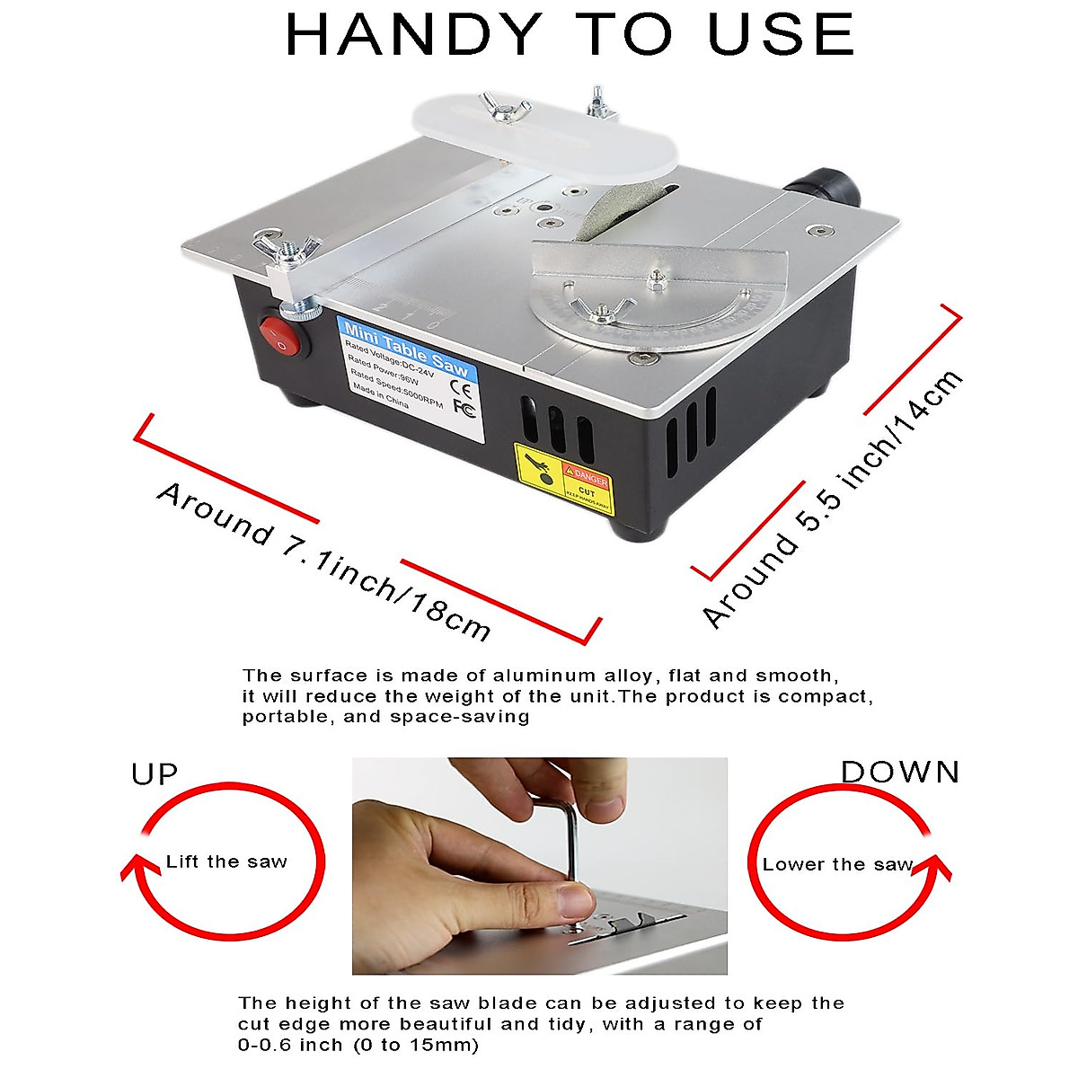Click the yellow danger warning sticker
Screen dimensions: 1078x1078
click(x=561, y=473)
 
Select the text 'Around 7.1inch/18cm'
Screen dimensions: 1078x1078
click(x=323, y=561)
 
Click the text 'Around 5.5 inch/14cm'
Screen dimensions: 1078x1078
click(x=831, y=499)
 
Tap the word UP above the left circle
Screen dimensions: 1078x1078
click(x=155, y=774)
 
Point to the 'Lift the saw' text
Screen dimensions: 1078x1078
click(x=226, y=862)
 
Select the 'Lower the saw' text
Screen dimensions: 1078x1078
click(x=837, y=865)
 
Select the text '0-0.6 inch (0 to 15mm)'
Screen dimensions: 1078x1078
click(x=358, y=1045)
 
